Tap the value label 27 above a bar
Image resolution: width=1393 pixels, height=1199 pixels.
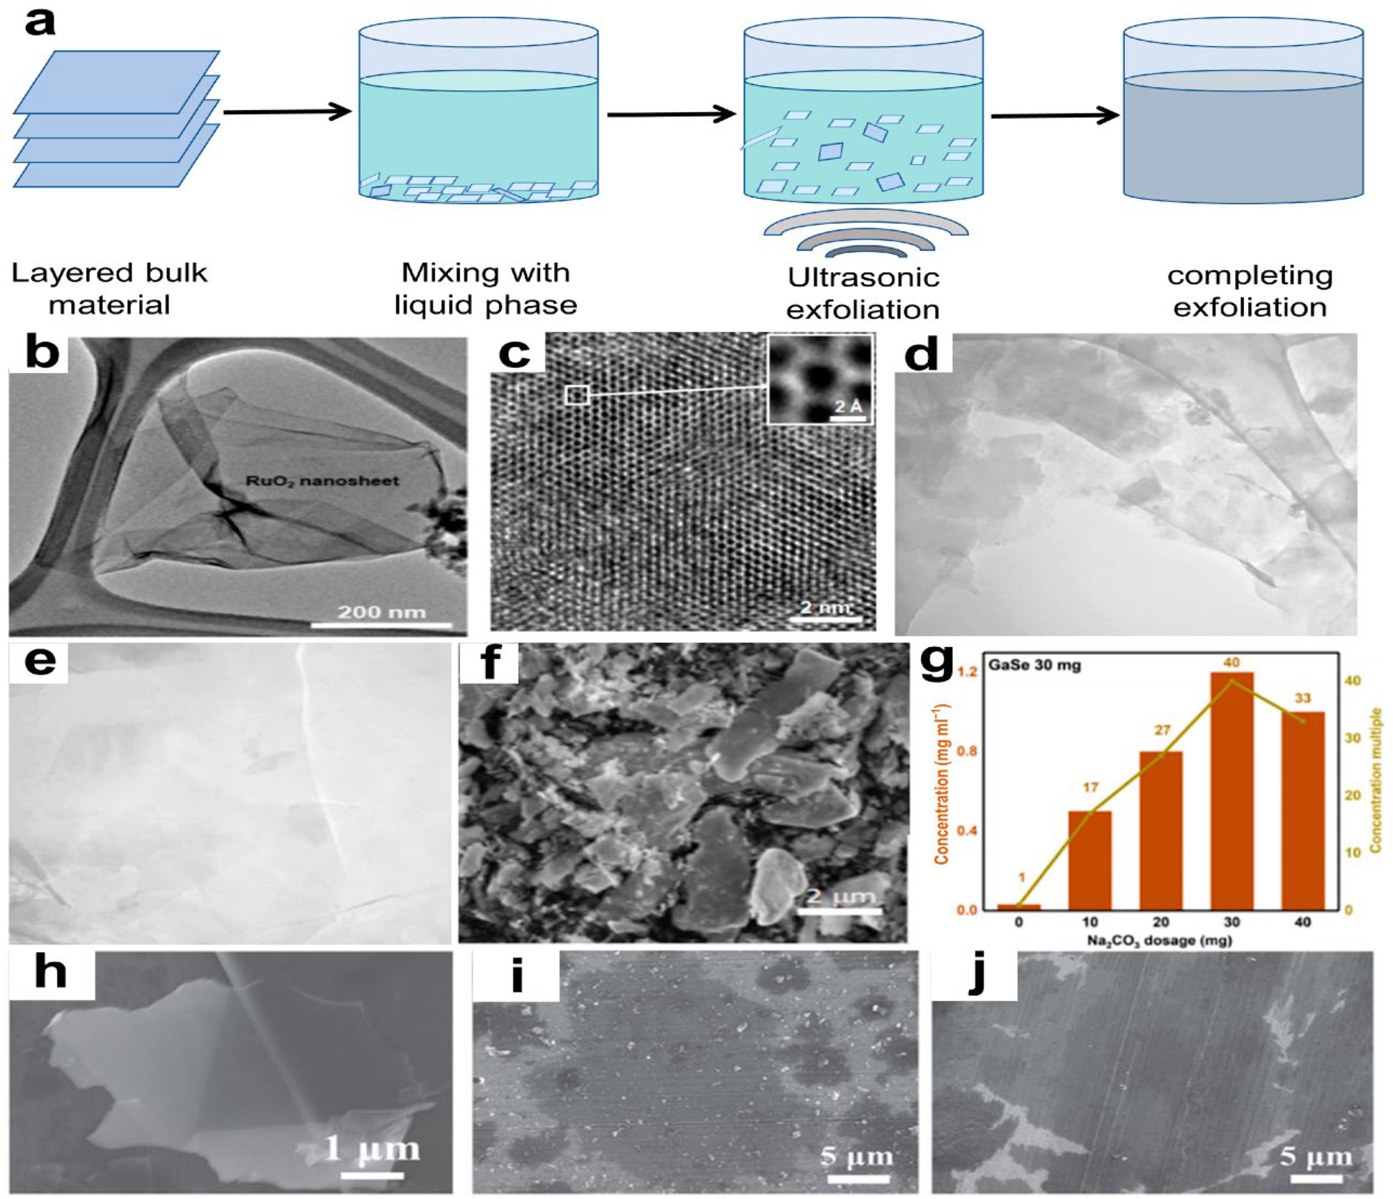click(1162, 730)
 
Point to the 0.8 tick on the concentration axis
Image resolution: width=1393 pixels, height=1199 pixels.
click(967, 751)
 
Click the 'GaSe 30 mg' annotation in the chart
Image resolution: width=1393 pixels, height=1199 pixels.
click(1034, 665)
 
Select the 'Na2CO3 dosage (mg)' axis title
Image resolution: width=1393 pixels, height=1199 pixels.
click(1160, 941)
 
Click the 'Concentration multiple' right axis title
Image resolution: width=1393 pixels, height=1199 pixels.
click(1376, 779)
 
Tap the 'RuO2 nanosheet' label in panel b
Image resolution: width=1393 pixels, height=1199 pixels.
click(322, 481)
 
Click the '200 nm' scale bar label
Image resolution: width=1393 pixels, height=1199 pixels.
click(381, 612)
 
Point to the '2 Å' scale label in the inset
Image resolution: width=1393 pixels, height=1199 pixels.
click(848, 406)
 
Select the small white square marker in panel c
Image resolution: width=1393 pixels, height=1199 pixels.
click(576, 395)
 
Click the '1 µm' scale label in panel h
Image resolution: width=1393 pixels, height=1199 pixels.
click(372, 1149)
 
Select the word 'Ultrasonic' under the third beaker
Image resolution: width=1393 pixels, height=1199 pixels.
click(863, 278)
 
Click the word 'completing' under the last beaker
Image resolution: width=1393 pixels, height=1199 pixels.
click(1250, 276)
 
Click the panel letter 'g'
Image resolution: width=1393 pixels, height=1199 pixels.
click(936, 662)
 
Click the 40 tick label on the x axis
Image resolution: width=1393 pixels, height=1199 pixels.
click(1302, 922)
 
